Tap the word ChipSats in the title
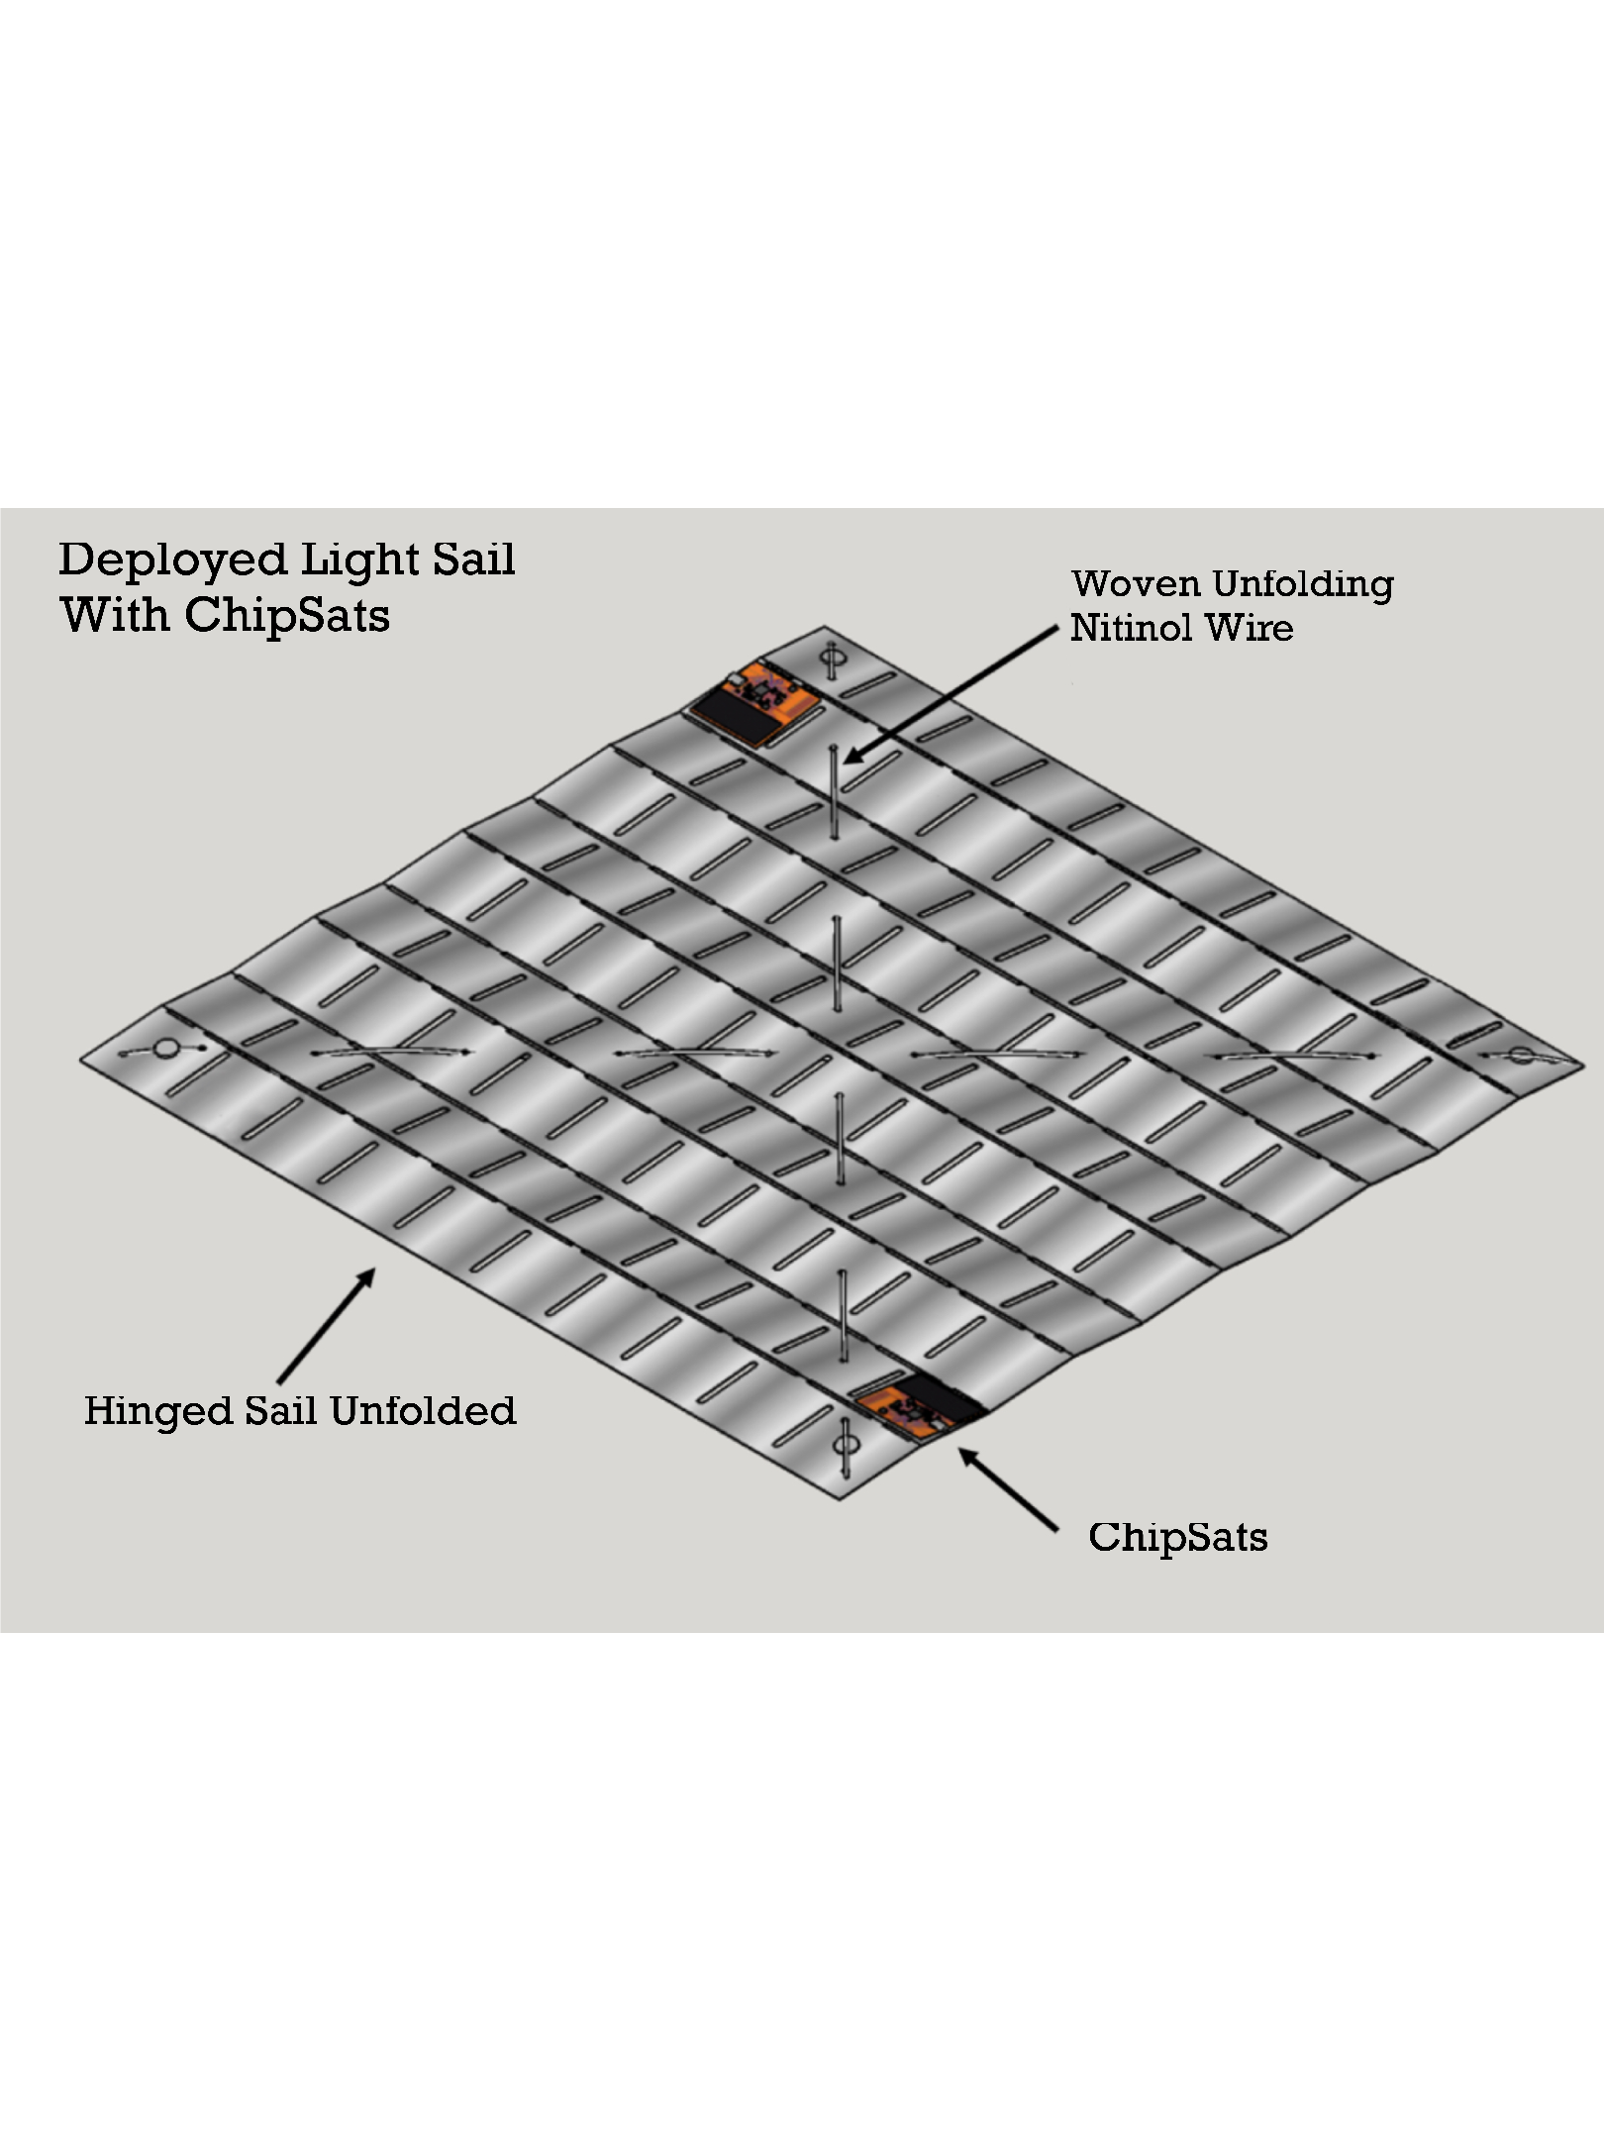(287, 615)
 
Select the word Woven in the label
(1136, 583)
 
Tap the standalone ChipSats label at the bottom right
(1177, 1537)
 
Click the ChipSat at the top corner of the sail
(755, 702)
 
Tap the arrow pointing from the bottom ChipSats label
(1008, 1490)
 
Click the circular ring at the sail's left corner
(166, 1047)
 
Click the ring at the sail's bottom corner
(844, 1446)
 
